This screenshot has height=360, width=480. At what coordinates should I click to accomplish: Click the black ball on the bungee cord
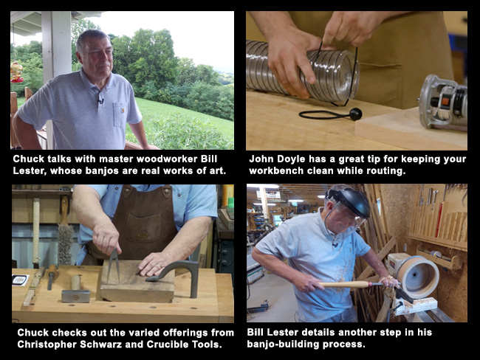(x=355, y=114)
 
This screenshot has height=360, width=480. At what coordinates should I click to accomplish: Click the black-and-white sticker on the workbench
(x=20, y=280)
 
